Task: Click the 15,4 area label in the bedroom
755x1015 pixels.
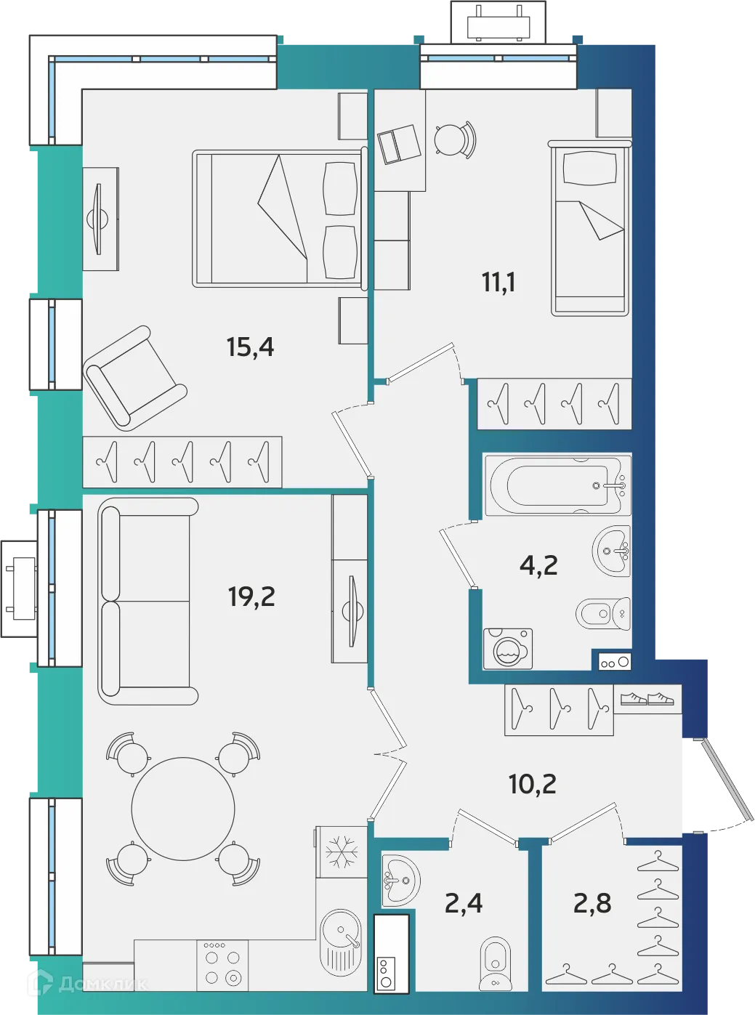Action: pos(250,347)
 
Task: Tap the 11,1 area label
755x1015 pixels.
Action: pos(498,281)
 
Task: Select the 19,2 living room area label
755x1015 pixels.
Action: pos(251,597)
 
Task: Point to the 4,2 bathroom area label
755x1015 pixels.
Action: pos(538,565)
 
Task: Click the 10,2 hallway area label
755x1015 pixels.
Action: pos(533,784)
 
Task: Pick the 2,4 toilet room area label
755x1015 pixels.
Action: pos(464,903)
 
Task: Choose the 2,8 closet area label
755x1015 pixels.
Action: pos(592,903)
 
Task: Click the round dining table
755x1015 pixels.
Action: pos(183,809)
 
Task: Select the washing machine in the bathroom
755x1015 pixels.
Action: pos(508,648)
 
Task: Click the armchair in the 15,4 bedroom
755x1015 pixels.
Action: pos(134,378)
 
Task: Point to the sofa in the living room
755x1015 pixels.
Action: pos(148,601)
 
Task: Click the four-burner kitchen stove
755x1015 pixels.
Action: pos(222,966)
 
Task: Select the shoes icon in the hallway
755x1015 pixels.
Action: pos(647,698)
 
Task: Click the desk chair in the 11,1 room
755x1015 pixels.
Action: pos(453,138)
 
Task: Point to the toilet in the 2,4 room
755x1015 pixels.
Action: pos(496,963)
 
